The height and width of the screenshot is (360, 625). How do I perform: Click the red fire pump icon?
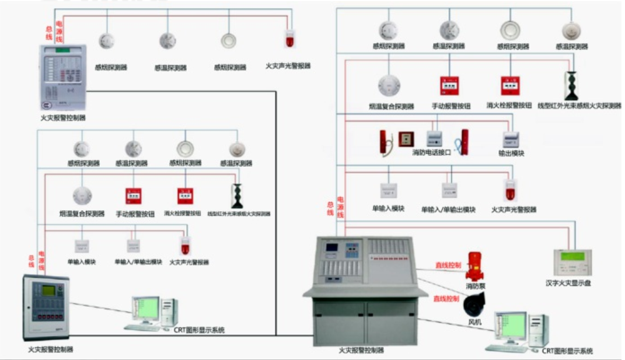476,267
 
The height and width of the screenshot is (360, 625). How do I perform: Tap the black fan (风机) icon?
474,306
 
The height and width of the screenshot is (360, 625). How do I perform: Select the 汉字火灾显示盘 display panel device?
572,263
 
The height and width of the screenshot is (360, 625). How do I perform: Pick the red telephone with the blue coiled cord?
464,141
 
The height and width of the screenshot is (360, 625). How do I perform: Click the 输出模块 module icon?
511,139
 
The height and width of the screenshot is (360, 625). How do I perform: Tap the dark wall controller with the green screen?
46,307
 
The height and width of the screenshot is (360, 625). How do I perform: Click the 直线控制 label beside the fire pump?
448,265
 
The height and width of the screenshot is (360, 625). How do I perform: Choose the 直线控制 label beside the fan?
445,299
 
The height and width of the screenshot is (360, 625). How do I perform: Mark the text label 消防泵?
476,286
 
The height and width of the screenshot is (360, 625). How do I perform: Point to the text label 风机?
474,321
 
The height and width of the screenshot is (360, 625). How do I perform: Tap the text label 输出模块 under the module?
513,153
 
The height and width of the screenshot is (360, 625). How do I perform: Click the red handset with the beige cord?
385,142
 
